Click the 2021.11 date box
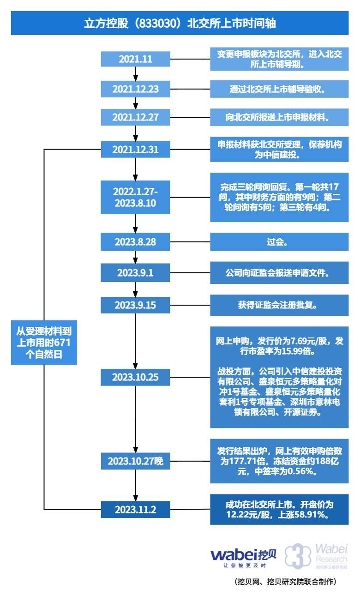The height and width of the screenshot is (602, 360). click(136, 59)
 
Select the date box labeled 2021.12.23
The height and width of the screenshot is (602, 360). click(136, 89)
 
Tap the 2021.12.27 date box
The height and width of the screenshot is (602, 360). click(136, 117)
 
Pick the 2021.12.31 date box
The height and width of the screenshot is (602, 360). click(136, 150)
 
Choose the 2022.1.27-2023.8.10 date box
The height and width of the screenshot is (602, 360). click(136, 198)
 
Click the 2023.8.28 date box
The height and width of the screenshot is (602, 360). click(136, 241)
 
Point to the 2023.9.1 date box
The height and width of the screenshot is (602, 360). click(136, 272)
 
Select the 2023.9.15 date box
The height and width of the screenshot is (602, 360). click(136, 305)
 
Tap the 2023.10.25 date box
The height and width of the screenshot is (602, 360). click(136, 377)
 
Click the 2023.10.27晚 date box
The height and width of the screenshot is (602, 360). click(136, 461)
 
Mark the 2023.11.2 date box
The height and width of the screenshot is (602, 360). click(136, 510)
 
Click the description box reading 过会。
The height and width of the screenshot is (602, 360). click(279, 241)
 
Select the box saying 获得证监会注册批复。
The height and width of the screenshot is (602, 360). click(279, 305)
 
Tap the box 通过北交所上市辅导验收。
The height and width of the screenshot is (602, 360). click(279, 89)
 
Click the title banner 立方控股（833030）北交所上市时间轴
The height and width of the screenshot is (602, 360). click(180, 23)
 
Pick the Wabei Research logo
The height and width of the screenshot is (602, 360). click(316, 556)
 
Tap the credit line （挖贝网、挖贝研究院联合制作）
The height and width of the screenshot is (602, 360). click(286, 582)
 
